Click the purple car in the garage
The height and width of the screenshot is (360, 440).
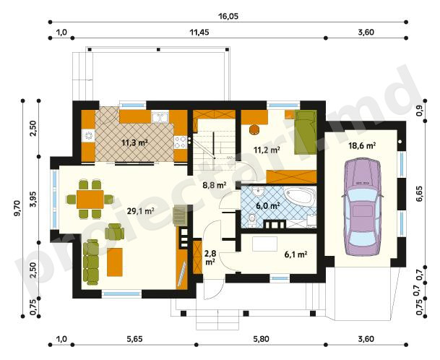coord(362,207)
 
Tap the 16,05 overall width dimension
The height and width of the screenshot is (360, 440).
coord(228,17)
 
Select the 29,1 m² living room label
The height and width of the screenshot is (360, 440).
coord(140,211)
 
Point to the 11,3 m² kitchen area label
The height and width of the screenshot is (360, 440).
coord(134,142)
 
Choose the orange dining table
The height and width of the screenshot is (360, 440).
coord(90,199)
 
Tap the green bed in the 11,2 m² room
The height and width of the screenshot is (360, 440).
coord(306,132)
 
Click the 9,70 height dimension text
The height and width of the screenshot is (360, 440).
coord(17,208)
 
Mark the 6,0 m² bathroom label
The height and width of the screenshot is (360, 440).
coord(268,206)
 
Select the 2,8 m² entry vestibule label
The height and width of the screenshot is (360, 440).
coord(210,257)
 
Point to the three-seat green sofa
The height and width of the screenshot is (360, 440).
coord(91,262)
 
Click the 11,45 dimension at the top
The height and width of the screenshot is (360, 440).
coord(199,33)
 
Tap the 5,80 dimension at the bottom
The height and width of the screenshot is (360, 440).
coord(261,339)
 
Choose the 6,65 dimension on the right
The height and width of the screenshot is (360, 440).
coord(420,194)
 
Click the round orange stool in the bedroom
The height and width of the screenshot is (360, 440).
coord(254,129)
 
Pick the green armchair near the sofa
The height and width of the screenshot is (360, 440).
coord(114,231)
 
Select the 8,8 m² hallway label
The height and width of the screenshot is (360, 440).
coord(214,185)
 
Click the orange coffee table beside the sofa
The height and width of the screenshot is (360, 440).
coord(115,262)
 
